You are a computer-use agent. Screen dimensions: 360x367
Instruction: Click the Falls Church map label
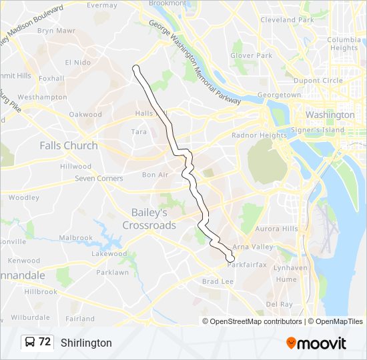coord(68,145)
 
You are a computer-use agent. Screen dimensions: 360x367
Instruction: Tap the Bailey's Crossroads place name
coord(149,219)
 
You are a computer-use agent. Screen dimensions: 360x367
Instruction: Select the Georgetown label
coord(279,95)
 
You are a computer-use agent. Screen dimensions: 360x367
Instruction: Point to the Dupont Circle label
coord(318,81)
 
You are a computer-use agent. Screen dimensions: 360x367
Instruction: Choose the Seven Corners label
coord(99,179)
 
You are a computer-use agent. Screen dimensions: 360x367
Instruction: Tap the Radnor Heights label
coord(249,135)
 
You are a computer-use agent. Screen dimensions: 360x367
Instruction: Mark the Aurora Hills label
coord(276,229)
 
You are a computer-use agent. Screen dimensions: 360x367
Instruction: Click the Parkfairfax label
coord(247,265)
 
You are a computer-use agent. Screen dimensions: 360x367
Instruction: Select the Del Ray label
coord(279,304)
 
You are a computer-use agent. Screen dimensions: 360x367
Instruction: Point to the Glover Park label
coord(252,55)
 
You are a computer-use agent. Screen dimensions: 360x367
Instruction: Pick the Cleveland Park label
coord(287,20)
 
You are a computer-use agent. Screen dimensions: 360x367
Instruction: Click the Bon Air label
coord(155,175)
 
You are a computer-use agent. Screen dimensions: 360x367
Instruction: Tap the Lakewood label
coord(109,254)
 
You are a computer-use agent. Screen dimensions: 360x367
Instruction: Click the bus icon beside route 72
coord(30,343)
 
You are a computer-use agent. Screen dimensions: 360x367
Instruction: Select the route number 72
coord(45,342)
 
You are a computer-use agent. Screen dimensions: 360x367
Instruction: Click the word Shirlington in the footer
coord(86,343)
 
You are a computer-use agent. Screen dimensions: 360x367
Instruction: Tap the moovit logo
coord(316,343)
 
